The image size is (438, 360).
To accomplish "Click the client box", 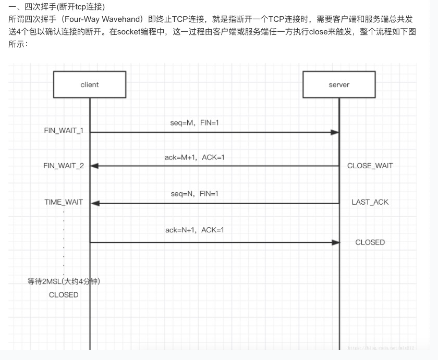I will click(x=90, y=84).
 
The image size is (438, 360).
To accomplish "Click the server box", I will click(x=339, y=84).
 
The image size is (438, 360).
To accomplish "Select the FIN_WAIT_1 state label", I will click(x=64, y=130).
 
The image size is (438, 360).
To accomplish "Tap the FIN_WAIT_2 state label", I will click(x=64, y=166).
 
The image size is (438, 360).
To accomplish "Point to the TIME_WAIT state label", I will click(x=64, y=202).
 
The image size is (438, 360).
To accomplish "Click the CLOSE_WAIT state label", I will click(x=370, y=166).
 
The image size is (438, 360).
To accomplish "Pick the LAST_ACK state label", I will click(x=370, y=202).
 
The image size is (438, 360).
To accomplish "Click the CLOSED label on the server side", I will click(x=370, y=242).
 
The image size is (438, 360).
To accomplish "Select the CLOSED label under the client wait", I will click(x=64, y=295).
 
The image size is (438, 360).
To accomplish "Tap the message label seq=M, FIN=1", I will click(x=194, y=123).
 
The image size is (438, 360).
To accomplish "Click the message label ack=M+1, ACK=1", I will click(x=194, y=157).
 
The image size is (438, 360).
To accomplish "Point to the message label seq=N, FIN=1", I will click(x=194, y=194).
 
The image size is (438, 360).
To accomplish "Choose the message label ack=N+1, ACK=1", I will click(x=194, y=230).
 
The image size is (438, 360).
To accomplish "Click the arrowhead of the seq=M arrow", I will click(x=335, y=132).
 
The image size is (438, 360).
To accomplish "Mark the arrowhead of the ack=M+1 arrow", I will click(x=95, y=166).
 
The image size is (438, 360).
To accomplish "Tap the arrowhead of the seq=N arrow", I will click(x=95, y=203).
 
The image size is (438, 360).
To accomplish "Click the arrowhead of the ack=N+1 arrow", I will click(x=335, y=242).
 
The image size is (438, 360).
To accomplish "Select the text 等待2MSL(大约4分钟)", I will click(x=64, y=282).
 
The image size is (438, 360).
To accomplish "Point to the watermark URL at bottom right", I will click(x=381, y=347).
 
